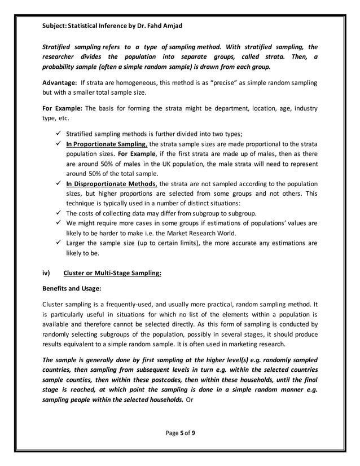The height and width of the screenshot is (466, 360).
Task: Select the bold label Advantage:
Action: (x=60, y=83)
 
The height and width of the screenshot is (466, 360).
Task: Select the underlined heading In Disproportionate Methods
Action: (x=112, y=184)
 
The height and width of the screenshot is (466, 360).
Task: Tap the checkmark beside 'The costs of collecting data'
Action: (x=58, y=214)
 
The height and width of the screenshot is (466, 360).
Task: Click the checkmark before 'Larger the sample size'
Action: (x=58, y=243)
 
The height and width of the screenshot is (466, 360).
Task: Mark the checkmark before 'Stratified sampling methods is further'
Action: (x=58, y=134)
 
